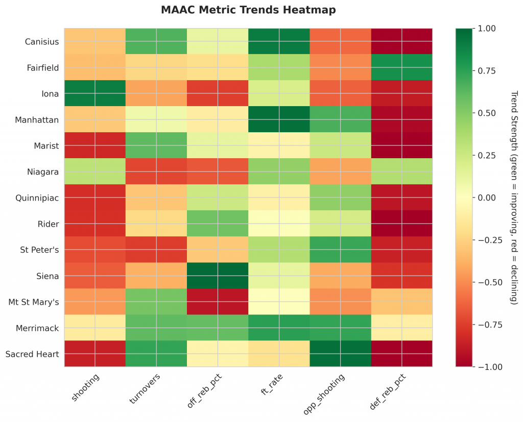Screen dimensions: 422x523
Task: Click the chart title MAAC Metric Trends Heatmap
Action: coord(248,10)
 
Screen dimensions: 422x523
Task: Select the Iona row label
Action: coord(50,93)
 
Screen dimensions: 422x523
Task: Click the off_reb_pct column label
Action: coord(206,390)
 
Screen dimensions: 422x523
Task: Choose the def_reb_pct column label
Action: coord(390,390)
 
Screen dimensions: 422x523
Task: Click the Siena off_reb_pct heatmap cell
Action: coord(218,276)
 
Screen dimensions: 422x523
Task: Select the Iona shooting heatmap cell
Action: coord(95,93)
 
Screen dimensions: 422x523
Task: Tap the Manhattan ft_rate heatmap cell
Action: coord(279,119)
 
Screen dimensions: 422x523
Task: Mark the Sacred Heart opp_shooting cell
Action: coord(340,354)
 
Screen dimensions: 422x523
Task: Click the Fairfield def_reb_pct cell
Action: coord(401,67)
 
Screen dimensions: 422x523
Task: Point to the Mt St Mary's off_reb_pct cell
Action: coord(218,302)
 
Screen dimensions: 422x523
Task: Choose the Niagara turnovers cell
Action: coord(156,171)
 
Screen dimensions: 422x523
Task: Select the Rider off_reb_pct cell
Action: coord(218,224)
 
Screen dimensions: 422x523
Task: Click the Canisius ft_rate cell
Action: coord(279,41)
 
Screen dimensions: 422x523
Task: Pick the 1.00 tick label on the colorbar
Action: coord(487,29)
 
